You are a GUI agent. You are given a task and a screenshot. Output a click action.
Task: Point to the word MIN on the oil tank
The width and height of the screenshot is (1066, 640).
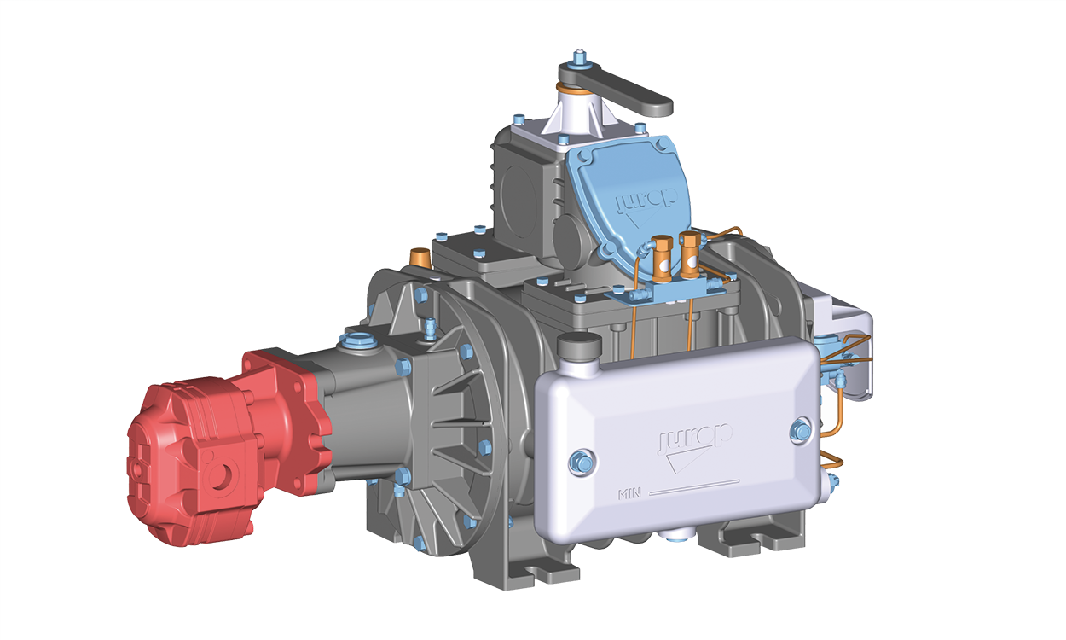(x=629, y=494)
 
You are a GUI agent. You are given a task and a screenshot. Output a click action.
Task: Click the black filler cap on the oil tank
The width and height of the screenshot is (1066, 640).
(x=579, y=346)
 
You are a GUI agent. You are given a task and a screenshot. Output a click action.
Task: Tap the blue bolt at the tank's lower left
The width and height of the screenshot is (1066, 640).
(x=582, y=462)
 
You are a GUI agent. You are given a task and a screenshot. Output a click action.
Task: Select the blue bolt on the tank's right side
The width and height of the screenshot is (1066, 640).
(x=801, y=431)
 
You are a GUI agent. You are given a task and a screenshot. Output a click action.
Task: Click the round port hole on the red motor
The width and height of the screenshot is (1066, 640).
(x=220, y=475)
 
